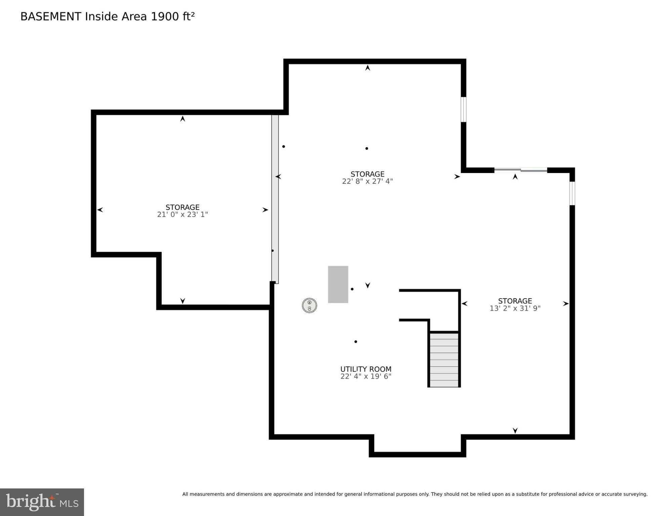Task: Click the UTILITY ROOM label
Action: [366, 369]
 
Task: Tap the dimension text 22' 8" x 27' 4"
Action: [367, 181]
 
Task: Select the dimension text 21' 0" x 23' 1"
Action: [182, 215]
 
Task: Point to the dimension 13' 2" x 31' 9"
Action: [515, 308]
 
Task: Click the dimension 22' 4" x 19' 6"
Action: [366, 376]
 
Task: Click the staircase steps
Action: [444, 360]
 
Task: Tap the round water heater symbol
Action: [309, 305]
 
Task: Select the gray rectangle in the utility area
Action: [338, 284]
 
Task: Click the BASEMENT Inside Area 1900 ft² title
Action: [108, 16]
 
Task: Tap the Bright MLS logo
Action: [42, 502]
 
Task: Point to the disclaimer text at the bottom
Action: [414, 494]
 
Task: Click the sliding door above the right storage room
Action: [520, 170]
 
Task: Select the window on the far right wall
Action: [572, 193]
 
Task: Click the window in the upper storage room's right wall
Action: [463, 109]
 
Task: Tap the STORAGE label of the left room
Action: [182, 207]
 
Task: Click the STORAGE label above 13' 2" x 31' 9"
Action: [515, 301]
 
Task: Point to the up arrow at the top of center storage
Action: [368, 68]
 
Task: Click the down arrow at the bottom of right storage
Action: [515, 430]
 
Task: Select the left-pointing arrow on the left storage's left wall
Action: [100, 210]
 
